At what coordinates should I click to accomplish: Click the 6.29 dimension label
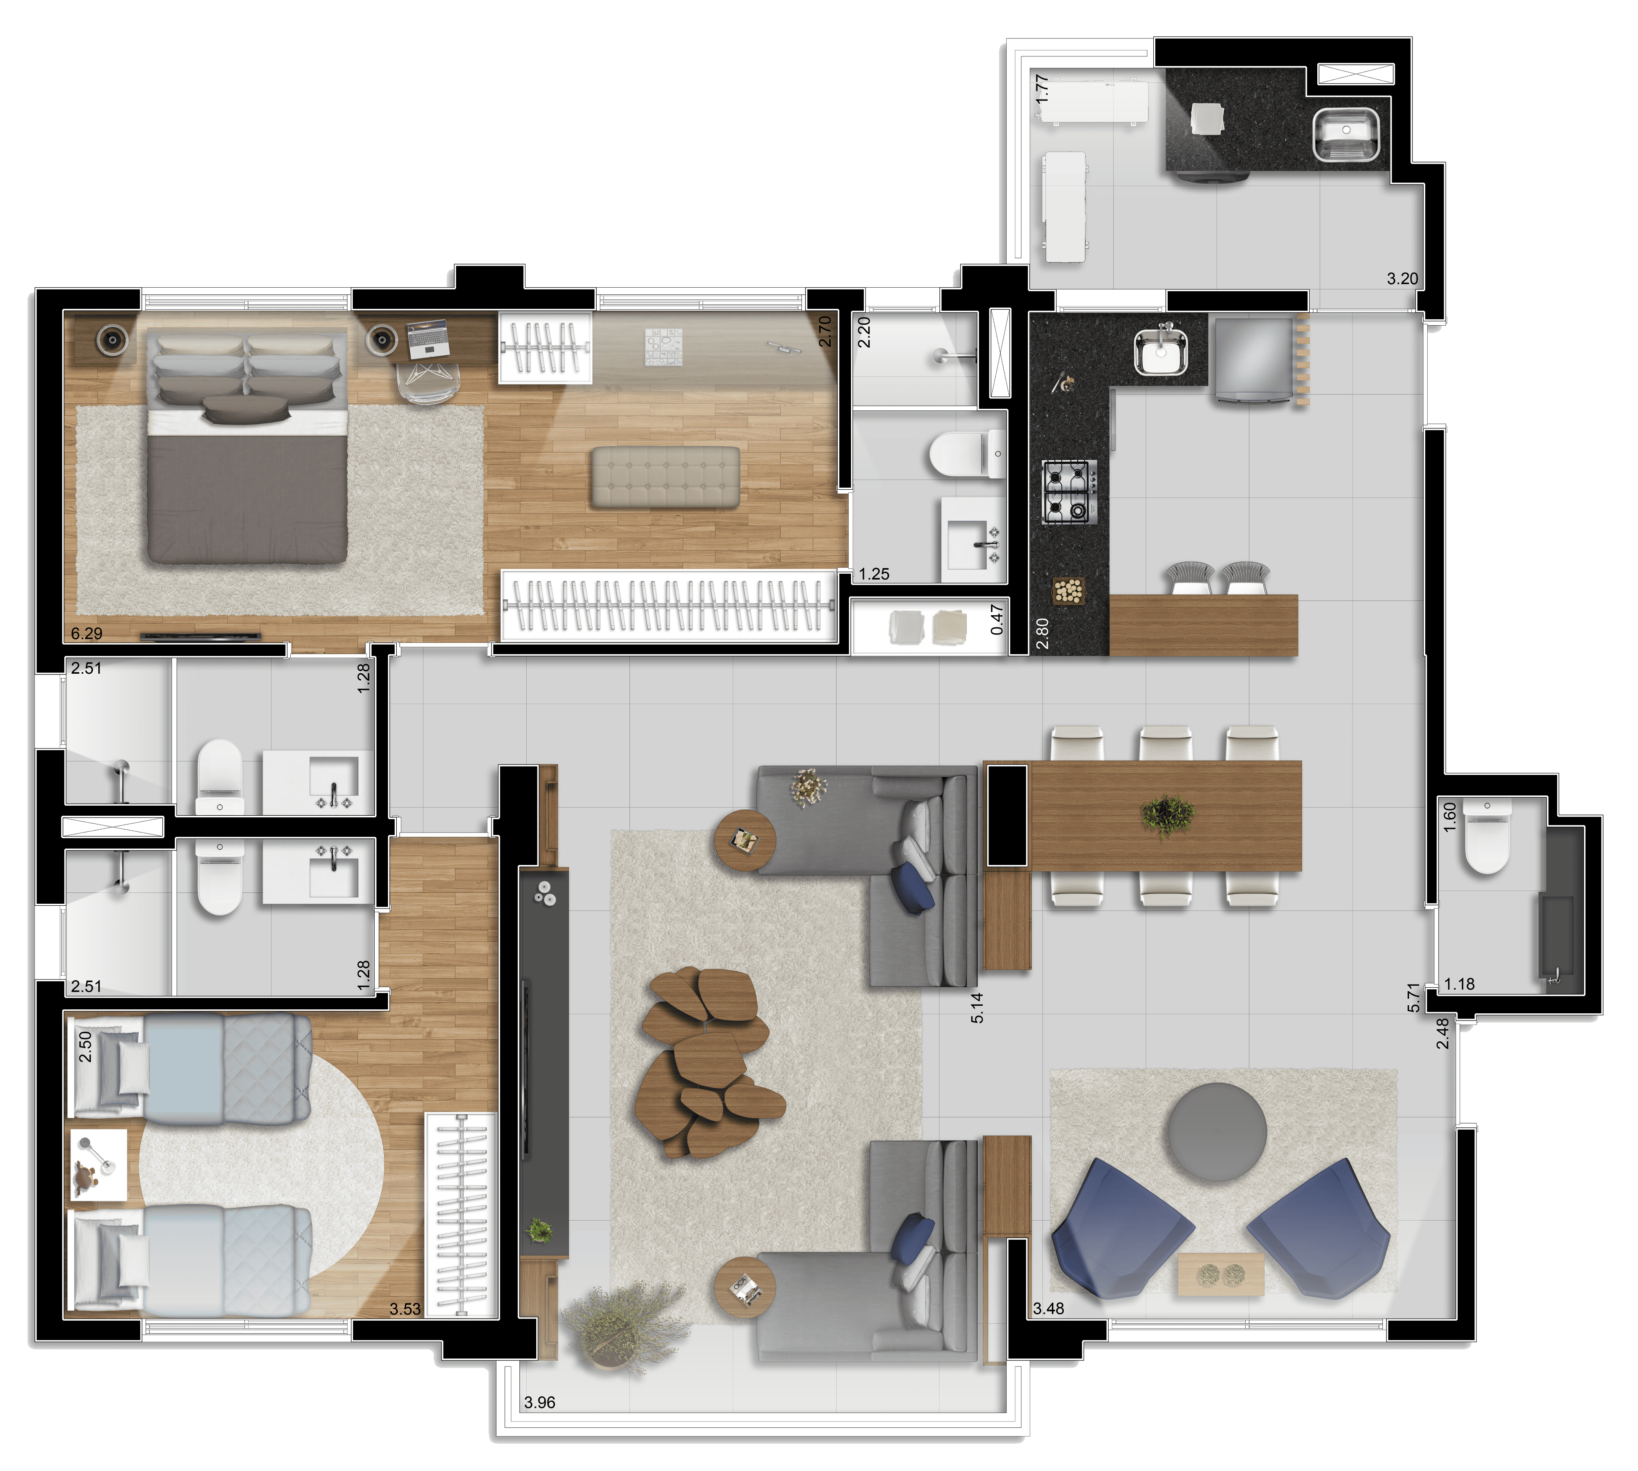[x=86, y=634]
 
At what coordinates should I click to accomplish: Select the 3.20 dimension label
[x=1402, y=279]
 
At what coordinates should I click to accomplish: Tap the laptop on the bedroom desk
[x=428, y=338]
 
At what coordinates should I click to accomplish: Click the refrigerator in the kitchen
[x=1252, y=359]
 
